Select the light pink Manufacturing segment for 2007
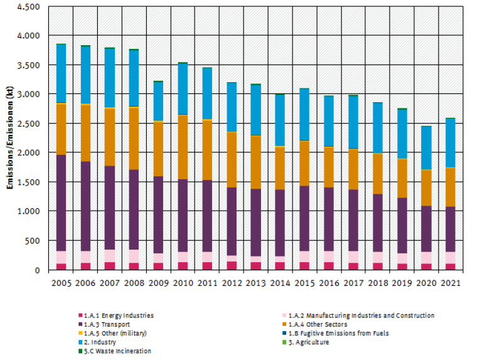(110, 256)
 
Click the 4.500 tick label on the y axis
(29, 7)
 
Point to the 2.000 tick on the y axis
(29, 153)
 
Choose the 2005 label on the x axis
(61, 283)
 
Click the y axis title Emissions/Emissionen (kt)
(10, 138)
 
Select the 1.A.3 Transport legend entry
(107, 324)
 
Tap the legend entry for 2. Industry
(99, 342)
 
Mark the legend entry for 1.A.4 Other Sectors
(316, 324)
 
